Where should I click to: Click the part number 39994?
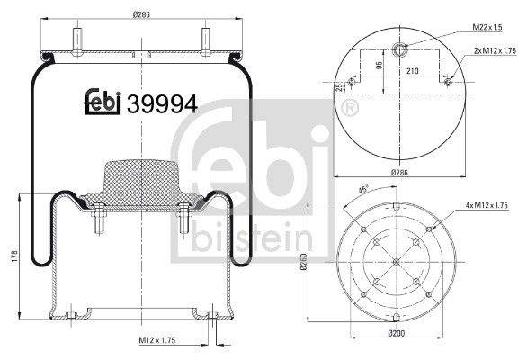163,103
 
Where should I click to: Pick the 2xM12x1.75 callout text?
495,51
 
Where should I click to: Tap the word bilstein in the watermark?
253,238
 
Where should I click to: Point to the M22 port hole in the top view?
401,48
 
